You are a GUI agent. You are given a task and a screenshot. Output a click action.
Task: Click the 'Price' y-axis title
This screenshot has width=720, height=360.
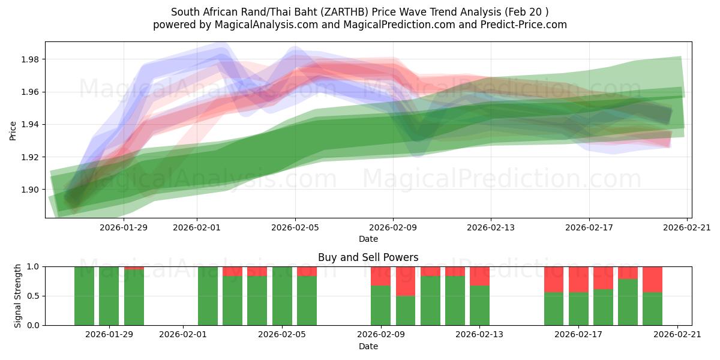[13, 130]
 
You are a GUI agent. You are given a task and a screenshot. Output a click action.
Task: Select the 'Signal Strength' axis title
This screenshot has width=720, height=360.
[18, 296]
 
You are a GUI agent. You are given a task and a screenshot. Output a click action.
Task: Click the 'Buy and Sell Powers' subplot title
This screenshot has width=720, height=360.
[368, 257]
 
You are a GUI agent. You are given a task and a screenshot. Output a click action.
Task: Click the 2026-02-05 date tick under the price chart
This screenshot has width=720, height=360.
[295, 227]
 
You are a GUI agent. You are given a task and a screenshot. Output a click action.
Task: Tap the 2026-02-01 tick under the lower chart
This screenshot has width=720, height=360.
[183, 335]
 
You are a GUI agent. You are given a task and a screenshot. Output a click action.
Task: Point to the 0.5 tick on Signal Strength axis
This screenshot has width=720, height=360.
[34, 296]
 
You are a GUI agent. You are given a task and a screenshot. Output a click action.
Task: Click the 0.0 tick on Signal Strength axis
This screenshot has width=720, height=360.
[34, 325]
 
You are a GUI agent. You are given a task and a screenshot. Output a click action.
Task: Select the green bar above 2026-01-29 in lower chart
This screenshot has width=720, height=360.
[109, 296]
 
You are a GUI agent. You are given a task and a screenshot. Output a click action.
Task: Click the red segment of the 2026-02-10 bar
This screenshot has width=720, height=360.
[406, 281]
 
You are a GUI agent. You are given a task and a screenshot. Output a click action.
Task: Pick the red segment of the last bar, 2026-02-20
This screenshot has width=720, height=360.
[652, 279]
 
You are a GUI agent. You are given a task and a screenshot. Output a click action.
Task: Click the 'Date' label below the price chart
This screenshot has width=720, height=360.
[368, 239]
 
